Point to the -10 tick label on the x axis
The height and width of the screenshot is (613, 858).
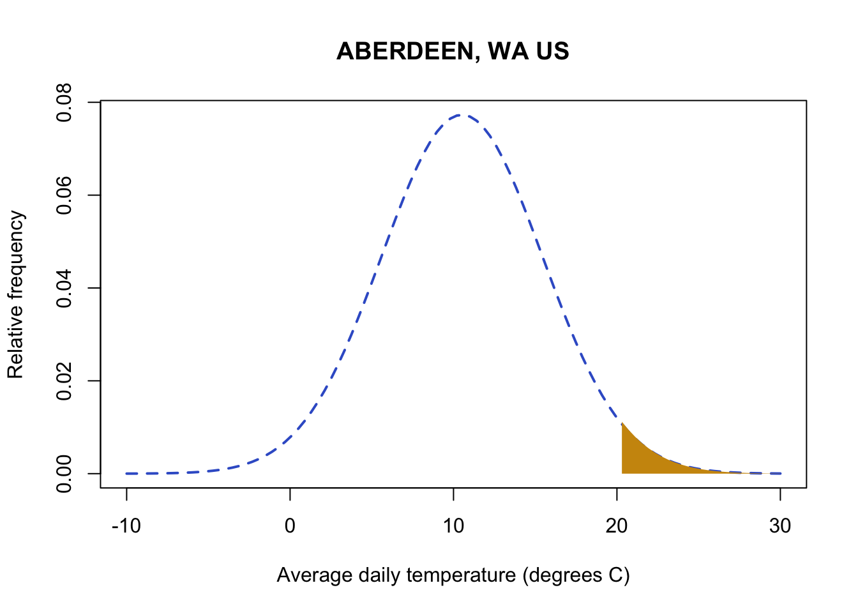126,526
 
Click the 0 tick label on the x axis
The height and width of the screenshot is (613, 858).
290,526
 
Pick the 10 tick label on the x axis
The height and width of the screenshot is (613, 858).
453,526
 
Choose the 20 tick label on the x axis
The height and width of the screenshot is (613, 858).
617,526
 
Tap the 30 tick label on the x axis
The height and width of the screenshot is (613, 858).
780,526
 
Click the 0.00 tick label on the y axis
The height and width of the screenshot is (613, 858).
64,473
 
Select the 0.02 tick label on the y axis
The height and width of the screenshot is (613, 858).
64,381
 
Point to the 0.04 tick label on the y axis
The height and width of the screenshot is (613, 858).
64,288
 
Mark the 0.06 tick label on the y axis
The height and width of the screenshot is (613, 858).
64,195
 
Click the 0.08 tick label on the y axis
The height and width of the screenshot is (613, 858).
64,102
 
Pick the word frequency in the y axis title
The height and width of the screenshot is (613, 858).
15,255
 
